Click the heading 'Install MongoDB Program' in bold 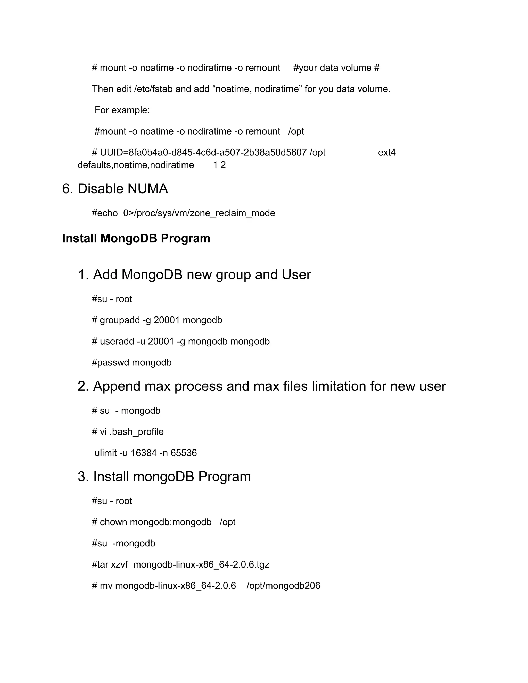click(136, 238)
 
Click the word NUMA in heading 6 click(148, 189)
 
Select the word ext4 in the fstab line click(387, 153)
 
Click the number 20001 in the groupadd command click(166, 320)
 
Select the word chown click(113, 522)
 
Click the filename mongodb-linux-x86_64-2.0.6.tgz click(201, 564)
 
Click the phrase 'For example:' click(122, 110)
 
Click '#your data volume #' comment click(336, 68)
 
